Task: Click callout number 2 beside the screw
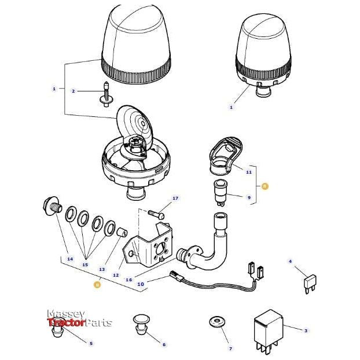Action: click(74, 91)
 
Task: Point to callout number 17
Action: click(175, 199)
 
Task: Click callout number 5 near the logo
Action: click(91, 344)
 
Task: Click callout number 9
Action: click(249, 197)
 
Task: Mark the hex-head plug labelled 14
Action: click(50, 206)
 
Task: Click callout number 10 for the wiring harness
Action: click(140, 284)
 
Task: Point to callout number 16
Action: click(129, 279)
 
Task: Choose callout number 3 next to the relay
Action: click(306, 330)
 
